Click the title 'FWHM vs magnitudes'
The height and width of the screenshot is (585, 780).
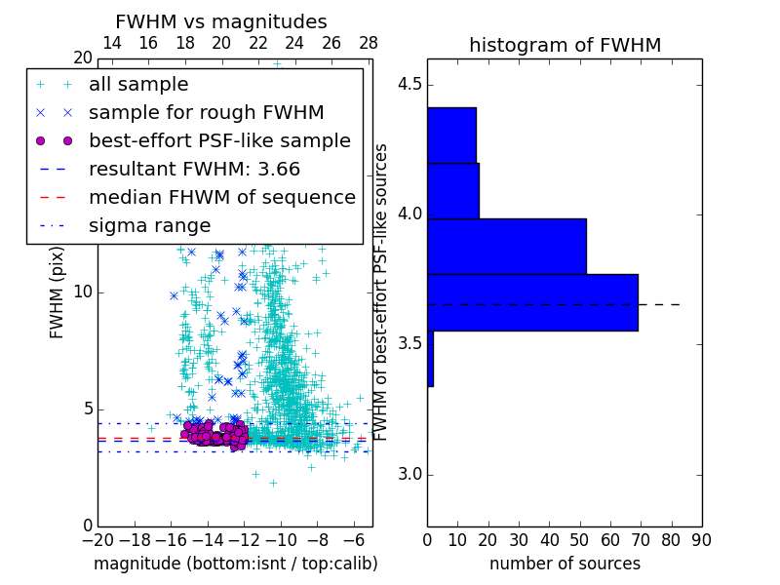pos(220,22)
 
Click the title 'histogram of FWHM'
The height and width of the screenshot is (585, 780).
pos(565,45)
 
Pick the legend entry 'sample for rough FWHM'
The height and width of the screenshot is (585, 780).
pos(206,112)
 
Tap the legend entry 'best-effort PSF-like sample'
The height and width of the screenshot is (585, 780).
pos(219,140)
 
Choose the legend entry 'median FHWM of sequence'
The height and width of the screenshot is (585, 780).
pos(221,197)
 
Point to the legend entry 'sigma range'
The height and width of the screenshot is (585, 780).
pos(149,226)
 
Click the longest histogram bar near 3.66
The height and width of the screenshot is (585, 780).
pos(532,302)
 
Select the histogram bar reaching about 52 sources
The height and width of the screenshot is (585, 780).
pos(506,247)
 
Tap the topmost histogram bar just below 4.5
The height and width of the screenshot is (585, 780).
pos(451,135)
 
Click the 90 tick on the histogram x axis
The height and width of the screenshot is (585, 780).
pos(700,539)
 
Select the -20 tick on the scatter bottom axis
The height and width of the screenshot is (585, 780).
pos(97,539)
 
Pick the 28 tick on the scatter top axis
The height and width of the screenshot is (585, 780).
pos(369,43)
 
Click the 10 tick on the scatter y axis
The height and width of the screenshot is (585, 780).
pos(84,292)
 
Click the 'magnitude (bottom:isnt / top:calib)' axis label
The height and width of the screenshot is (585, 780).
pos(235,564)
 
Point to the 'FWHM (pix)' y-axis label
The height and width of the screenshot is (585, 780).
pos(58,292)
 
